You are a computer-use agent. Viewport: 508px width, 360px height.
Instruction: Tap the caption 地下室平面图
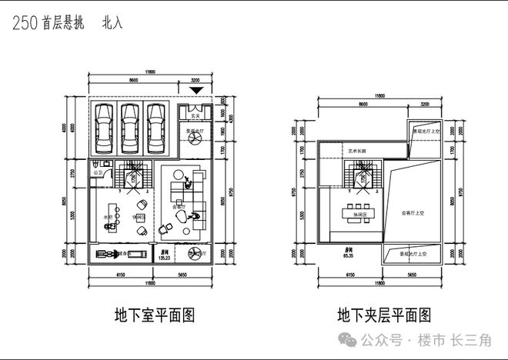click(153, 315)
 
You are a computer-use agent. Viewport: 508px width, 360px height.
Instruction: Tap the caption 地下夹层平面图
click(383, 315)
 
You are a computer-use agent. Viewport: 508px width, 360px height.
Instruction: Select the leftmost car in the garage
click(104, 129)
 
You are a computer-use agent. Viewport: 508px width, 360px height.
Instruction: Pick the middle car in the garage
click(130, 129)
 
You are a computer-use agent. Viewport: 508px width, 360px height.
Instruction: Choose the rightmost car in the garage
click(155, 129)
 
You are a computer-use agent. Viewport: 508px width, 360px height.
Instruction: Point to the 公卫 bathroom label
click(98, 174)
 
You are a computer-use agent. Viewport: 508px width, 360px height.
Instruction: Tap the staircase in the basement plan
click(136, 176)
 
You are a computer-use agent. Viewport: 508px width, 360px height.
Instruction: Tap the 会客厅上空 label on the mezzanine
click(413, 210)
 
